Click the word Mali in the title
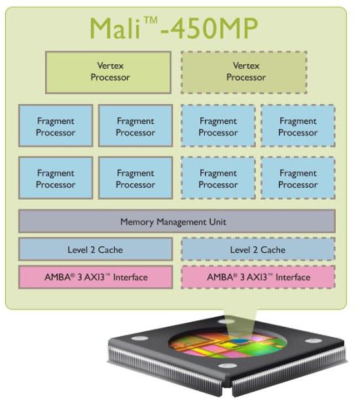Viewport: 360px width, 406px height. tap(115, 28)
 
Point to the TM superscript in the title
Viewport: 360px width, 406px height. tap(151, 20)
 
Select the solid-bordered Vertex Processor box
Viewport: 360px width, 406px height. tap(108, 73)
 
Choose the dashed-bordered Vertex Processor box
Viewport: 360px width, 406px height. tap(244, 73)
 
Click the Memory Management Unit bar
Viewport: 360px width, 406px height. tap(177, 221)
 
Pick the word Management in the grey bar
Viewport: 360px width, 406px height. tap(182, 222)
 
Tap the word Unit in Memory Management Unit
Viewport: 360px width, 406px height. tap(218, 221)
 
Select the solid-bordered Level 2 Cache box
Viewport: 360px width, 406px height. tap(96, 249)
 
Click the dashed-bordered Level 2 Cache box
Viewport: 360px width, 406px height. tap(259, 249)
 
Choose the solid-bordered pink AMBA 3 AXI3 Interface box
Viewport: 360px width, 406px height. tap(96, 277)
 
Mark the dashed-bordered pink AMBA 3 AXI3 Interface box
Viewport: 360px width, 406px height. tap(259, 277)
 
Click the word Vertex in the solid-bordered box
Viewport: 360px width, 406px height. tap(111, 65)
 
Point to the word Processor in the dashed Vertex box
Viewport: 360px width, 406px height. tap(246, 77)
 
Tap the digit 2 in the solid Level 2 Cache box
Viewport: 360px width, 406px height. tap(93, 250)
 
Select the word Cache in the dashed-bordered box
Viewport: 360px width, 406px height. tap(273, 250)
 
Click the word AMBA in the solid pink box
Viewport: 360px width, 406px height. tap(58, 277)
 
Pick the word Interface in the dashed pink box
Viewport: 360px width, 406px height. tap(293, 277)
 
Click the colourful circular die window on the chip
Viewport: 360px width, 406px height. tap(228, 344)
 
